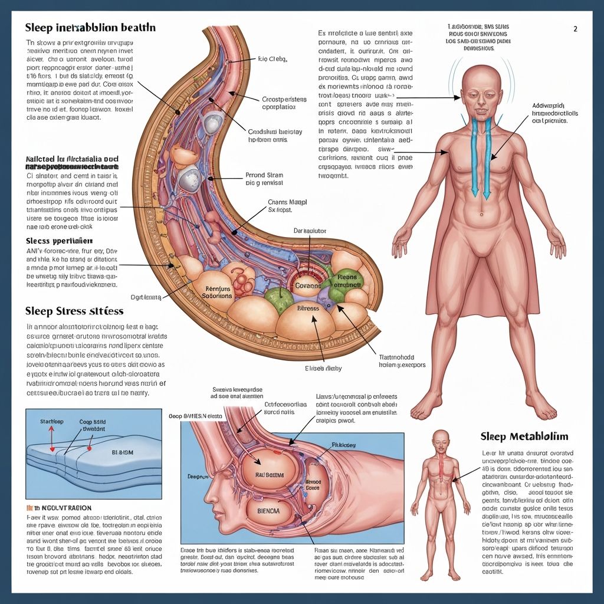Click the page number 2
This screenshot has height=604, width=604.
(575, 28)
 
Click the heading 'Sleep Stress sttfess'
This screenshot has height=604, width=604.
(74, 311)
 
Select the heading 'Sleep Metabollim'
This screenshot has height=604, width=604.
(524, 436)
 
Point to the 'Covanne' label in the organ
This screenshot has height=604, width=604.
(307, 285)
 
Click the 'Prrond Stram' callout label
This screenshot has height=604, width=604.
(264, 179)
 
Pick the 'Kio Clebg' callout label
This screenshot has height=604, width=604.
(272, 59)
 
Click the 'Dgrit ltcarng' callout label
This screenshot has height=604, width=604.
(146, 298)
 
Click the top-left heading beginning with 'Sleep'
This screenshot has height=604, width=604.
(90, 28)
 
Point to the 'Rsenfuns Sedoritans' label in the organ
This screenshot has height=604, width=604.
(218, 292)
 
